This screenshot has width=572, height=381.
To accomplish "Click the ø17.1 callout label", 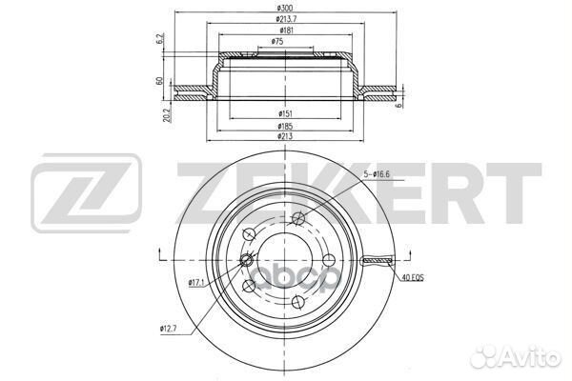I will pyautogui.click(x=198, y=282).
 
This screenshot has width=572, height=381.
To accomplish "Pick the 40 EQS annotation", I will pyautogui.click(x=411, y=278).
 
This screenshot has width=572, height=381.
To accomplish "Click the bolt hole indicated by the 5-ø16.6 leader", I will pyautogui.click(x=299, y=218).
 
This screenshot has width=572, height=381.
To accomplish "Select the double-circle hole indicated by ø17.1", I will pyautogui.click(x=246, y=262).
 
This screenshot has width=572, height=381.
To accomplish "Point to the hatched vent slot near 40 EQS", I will pyautogui.click(x=378, y=260).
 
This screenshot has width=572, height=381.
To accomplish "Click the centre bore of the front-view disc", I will pyautogui.click(x=287, y=259).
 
